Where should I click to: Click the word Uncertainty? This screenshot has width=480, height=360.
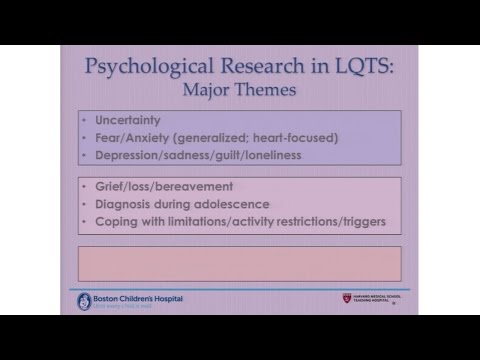(128, 119)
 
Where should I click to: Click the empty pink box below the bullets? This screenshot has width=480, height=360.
(239, 263)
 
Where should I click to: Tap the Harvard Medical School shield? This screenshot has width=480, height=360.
(347, 298)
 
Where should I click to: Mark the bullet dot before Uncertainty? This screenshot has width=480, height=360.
(86, 119)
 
